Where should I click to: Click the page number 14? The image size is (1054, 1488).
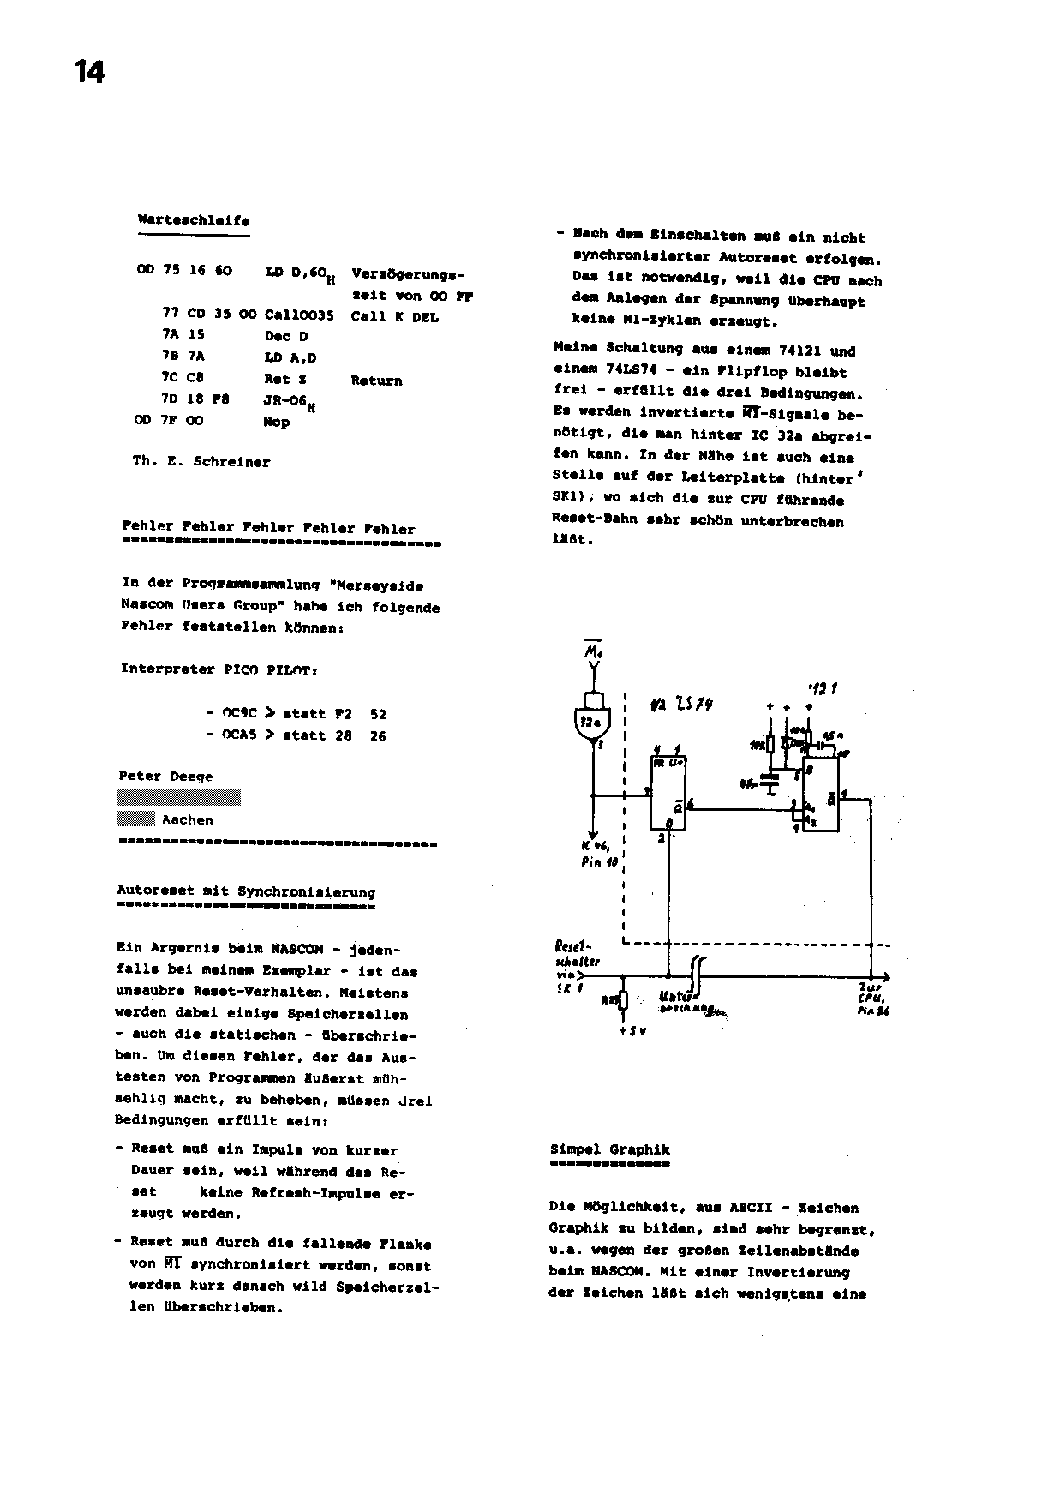89,72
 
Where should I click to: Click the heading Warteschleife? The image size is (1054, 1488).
194,220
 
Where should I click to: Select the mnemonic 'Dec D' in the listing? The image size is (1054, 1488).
286,336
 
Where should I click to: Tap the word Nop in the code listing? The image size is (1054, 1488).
277,422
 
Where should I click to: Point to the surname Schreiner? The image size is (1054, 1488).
231,462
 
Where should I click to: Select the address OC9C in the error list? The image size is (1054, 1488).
240,713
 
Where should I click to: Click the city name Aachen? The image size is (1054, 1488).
187,820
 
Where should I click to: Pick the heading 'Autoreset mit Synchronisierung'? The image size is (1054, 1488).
246,891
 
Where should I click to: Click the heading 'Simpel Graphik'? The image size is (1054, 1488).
609,1149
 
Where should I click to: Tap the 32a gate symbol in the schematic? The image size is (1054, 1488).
590,723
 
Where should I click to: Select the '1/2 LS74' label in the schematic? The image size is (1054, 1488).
681,704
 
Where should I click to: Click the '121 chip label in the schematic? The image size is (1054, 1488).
823,688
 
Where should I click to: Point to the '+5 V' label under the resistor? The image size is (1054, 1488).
632,1031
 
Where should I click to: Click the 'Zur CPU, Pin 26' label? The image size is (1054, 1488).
871,1000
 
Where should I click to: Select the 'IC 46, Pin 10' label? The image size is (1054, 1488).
599,855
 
